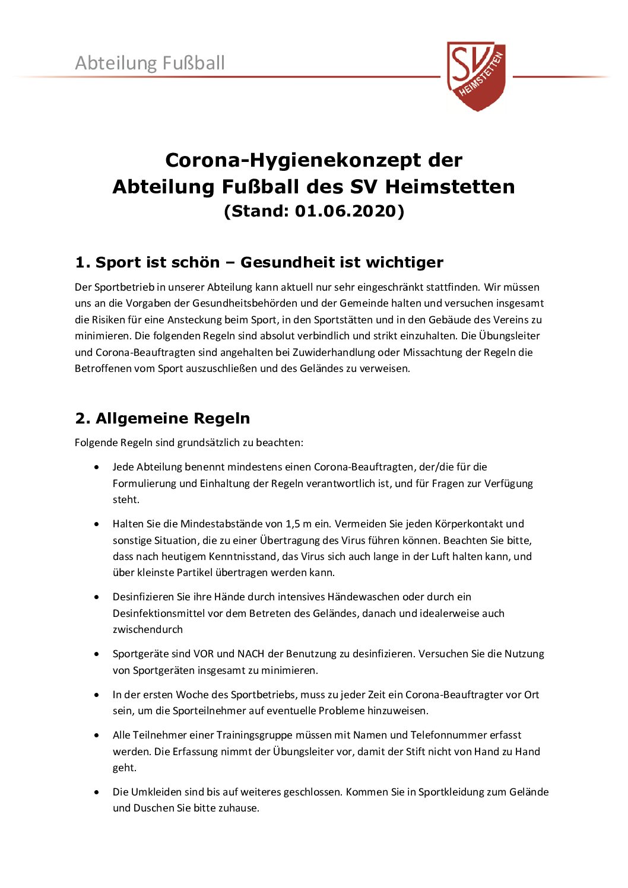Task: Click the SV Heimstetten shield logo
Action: (x=477, y=75)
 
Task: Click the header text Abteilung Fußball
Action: (x=150, y=63)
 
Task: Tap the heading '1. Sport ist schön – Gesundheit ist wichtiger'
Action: (x=259, y=262)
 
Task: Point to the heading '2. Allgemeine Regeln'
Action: (x=162, y=418)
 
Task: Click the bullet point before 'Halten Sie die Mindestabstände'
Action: (x=97, y=524)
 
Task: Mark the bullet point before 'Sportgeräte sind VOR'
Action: (x=97, y=654)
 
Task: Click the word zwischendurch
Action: (x=148, y=629)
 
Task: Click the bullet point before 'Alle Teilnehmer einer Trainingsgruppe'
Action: (x=97, y=736)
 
